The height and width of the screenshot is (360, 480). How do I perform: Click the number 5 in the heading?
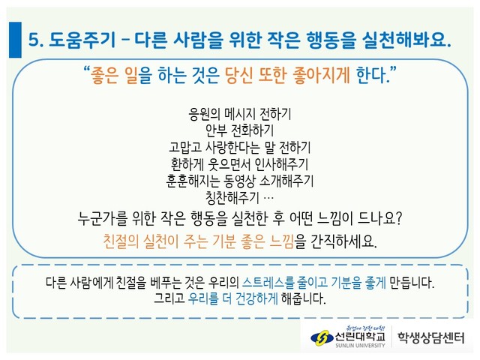pyautogui.click(x=34, y=40)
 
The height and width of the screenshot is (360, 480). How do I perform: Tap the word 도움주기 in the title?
pyautogui.click(x=82, y=40)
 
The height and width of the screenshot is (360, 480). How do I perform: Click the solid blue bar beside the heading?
pyautogui.click(x=15, y=40)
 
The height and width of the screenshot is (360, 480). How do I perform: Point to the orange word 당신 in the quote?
pyautogui.click(x=238, y=75)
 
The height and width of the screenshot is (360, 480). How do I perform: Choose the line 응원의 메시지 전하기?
pyautogui.click(x=240, y=114)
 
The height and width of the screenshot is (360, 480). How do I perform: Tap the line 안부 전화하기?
pyautogui.click(x=239, y=130)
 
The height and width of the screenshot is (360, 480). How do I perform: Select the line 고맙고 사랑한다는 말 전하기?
pyautogui.click(x=240, y=148)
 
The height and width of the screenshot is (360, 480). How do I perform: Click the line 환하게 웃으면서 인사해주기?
pyautogui.click(x=240, y=164)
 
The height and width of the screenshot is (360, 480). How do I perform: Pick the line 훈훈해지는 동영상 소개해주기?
pyautogui.click(x=240, y=181)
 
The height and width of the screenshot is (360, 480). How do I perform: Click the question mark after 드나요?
pyautogui.click(x=398, y=218)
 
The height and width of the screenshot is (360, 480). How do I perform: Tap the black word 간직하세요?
pyautogui.click(x=343, y=241)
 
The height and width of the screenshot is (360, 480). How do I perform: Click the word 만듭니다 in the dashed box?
pyautogui.click(x=412, y=282)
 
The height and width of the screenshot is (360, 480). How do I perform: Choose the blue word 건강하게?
pyautogui.click(x=256, y=298)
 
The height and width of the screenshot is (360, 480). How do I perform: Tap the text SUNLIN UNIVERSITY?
pyautogui.click(x=360, y=346)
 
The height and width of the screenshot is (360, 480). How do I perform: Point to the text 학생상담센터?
pyautogui.click(x=430, y=338)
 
